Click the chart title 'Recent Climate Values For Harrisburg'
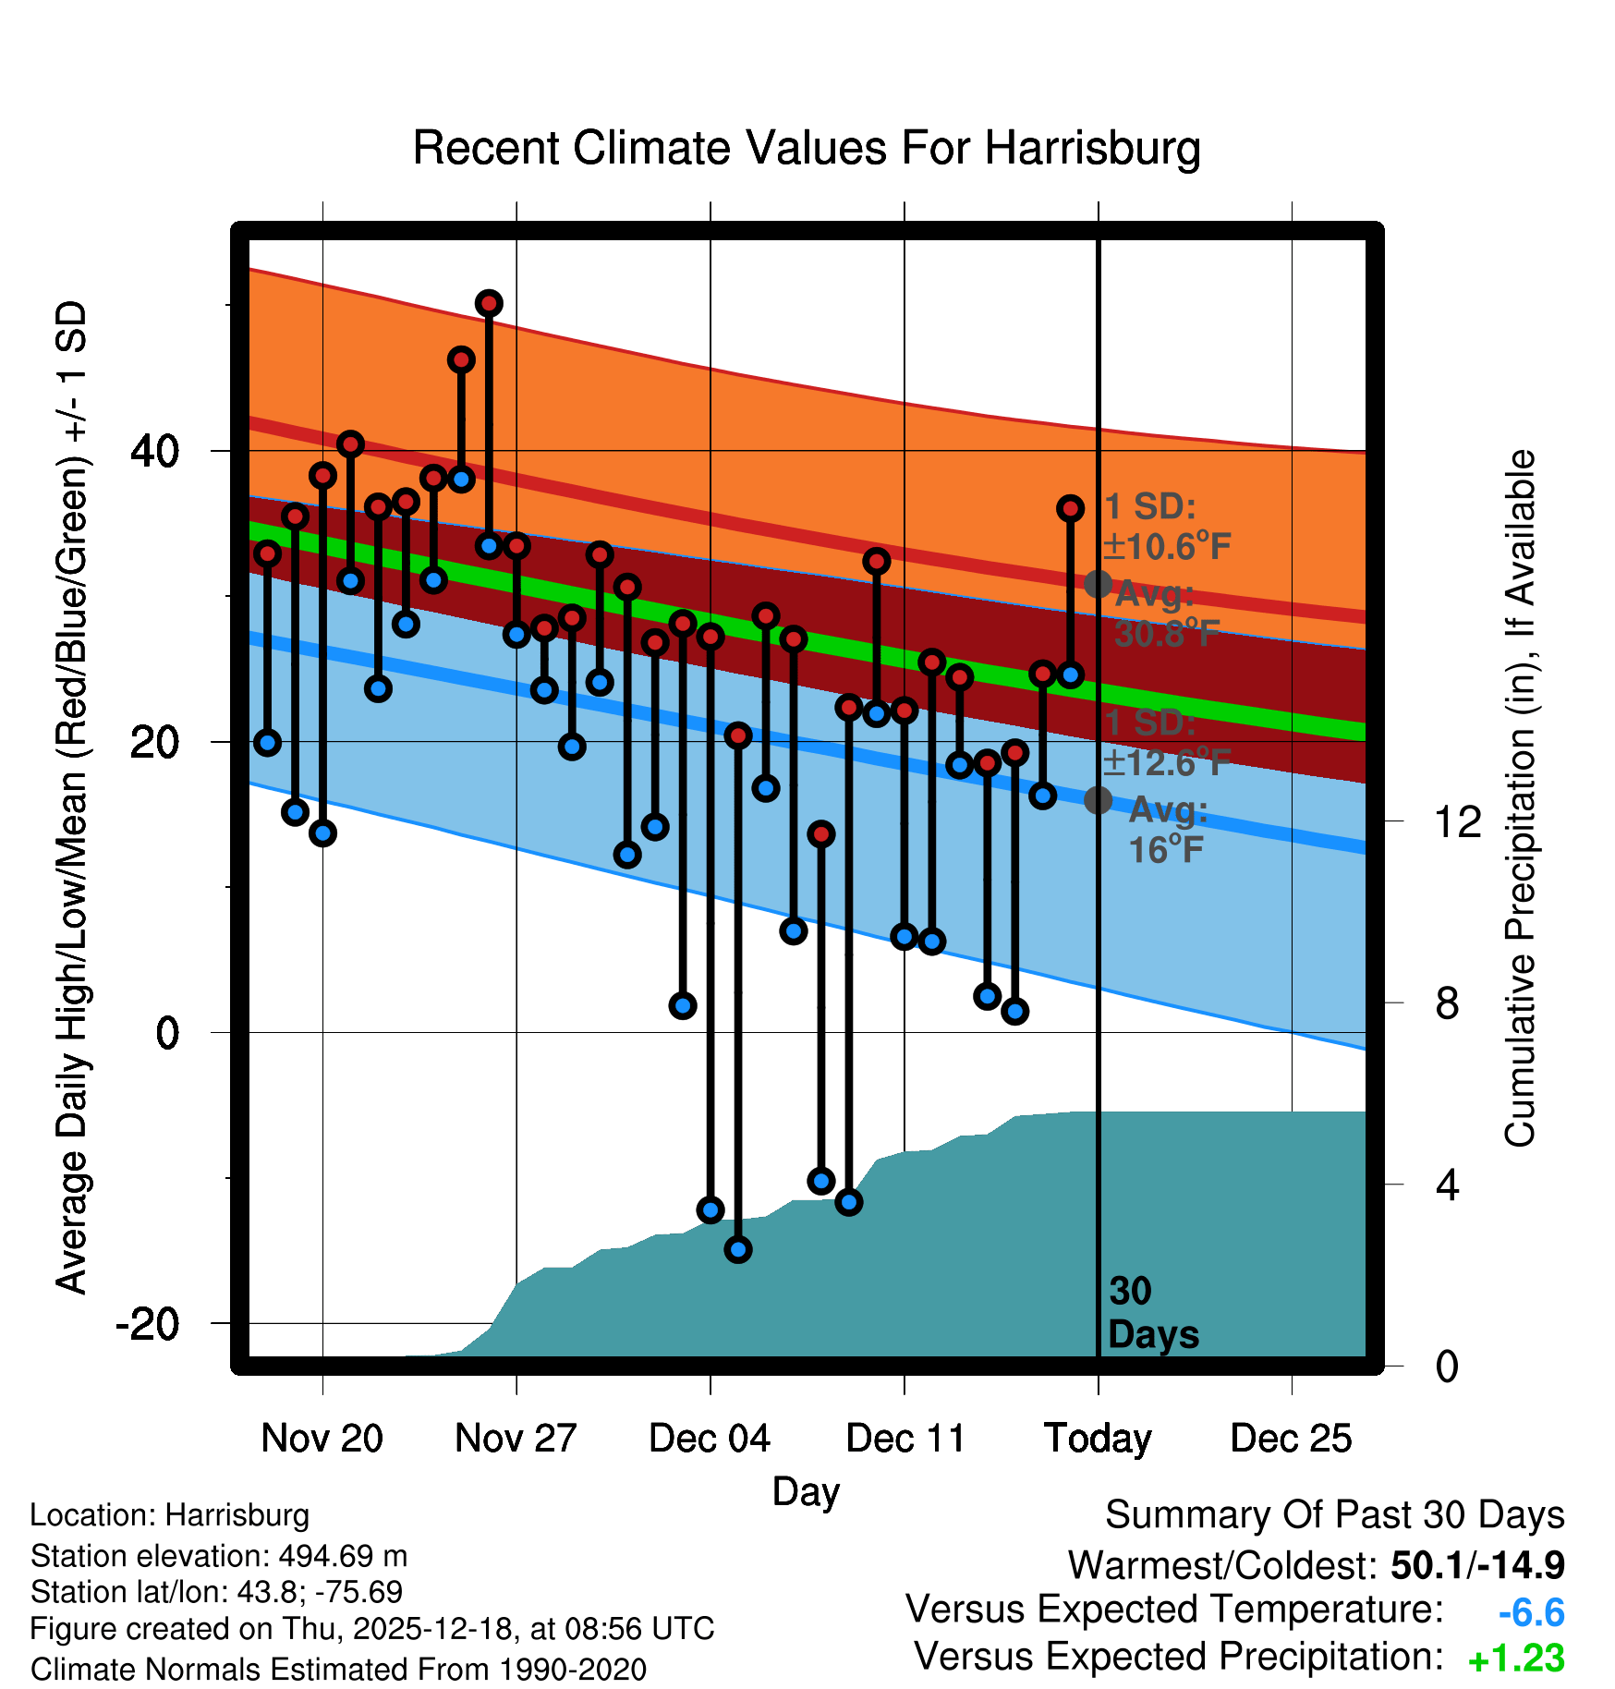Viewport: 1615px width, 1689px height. tap(807, 148)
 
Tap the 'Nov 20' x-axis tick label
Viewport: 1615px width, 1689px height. tap(322, 1439)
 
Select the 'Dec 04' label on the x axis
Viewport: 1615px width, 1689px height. tap(710, 1439)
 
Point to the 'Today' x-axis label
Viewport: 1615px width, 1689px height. tap(1098, 1439)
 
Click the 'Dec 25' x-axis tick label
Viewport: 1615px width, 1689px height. tap(1291, 1439)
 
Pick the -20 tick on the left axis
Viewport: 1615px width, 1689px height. tap(148, 1324)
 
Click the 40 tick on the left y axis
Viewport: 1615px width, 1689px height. tap(155, 452)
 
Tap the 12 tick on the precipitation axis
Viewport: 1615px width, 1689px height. tap(1458, 821)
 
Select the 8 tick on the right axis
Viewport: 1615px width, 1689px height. tap(1448, 1003)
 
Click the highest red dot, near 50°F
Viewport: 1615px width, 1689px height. tap(489, 303)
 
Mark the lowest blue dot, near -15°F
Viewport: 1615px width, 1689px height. tap(738, 1250)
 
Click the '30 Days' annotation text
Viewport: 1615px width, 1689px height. tap(1152, 1313)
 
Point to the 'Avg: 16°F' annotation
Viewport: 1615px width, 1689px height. tap(1167, 830)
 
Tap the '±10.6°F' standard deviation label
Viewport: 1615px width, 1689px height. tap(1167, 547)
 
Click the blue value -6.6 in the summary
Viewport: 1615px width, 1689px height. tap(1531, 1613)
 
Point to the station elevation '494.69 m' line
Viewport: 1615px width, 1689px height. tap(219, 1556)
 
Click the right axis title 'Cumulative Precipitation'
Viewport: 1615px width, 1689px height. tap(1520, 799)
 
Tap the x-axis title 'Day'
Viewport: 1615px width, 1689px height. tap(806, 1491)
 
